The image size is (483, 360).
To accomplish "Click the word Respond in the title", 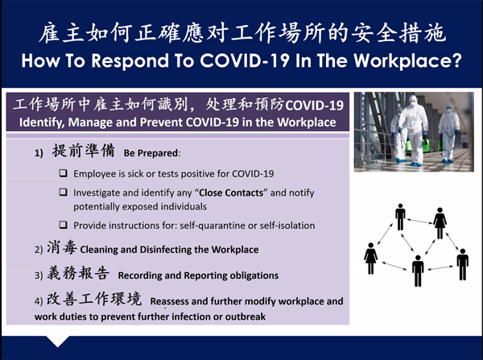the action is click(x=130, y=60).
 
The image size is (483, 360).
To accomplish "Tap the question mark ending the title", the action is click(x=456, y=60).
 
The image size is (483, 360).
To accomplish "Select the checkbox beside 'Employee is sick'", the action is click(x=63, y=172).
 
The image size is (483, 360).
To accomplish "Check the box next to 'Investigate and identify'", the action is click(x=63, y=192).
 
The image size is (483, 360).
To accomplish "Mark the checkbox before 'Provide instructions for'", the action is click(x=63, y=225).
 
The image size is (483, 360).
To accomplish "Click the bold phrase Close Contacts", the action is click(x=231, y=192).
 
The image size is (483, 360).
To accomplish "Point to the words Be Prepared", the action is click(x=151, y=153).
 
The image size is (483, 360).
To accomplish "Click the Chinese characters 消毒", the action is click(x=62, y=247).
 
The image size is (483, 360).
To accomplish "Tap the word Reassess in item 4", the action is click(x=169, y=301).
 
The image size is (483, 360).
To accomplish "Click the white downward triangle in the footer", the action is click(x=57, y=341).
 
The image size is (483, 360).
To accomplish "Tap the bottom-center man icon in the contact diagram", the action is click(x=418, y=271).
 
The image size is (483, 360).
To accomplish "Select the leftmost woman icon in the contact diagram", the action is click(x=370, y=259).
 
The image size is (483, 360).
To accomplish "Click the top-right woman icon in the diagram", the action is click(x=440, y=223).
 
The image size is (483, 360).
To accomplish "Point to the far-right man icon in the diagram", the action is click(x=462, y=264).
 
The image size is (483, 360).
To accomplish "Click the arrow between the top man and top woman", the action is click(x=419, y=221).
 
